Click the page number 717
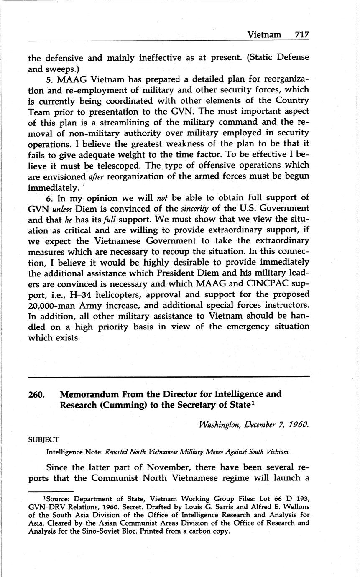[x=301, y=34]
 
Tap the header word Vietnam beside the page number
[x=264, y=34]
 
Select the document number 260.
[x=37, y=394]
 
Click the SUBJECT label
[x=43, y=439]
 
